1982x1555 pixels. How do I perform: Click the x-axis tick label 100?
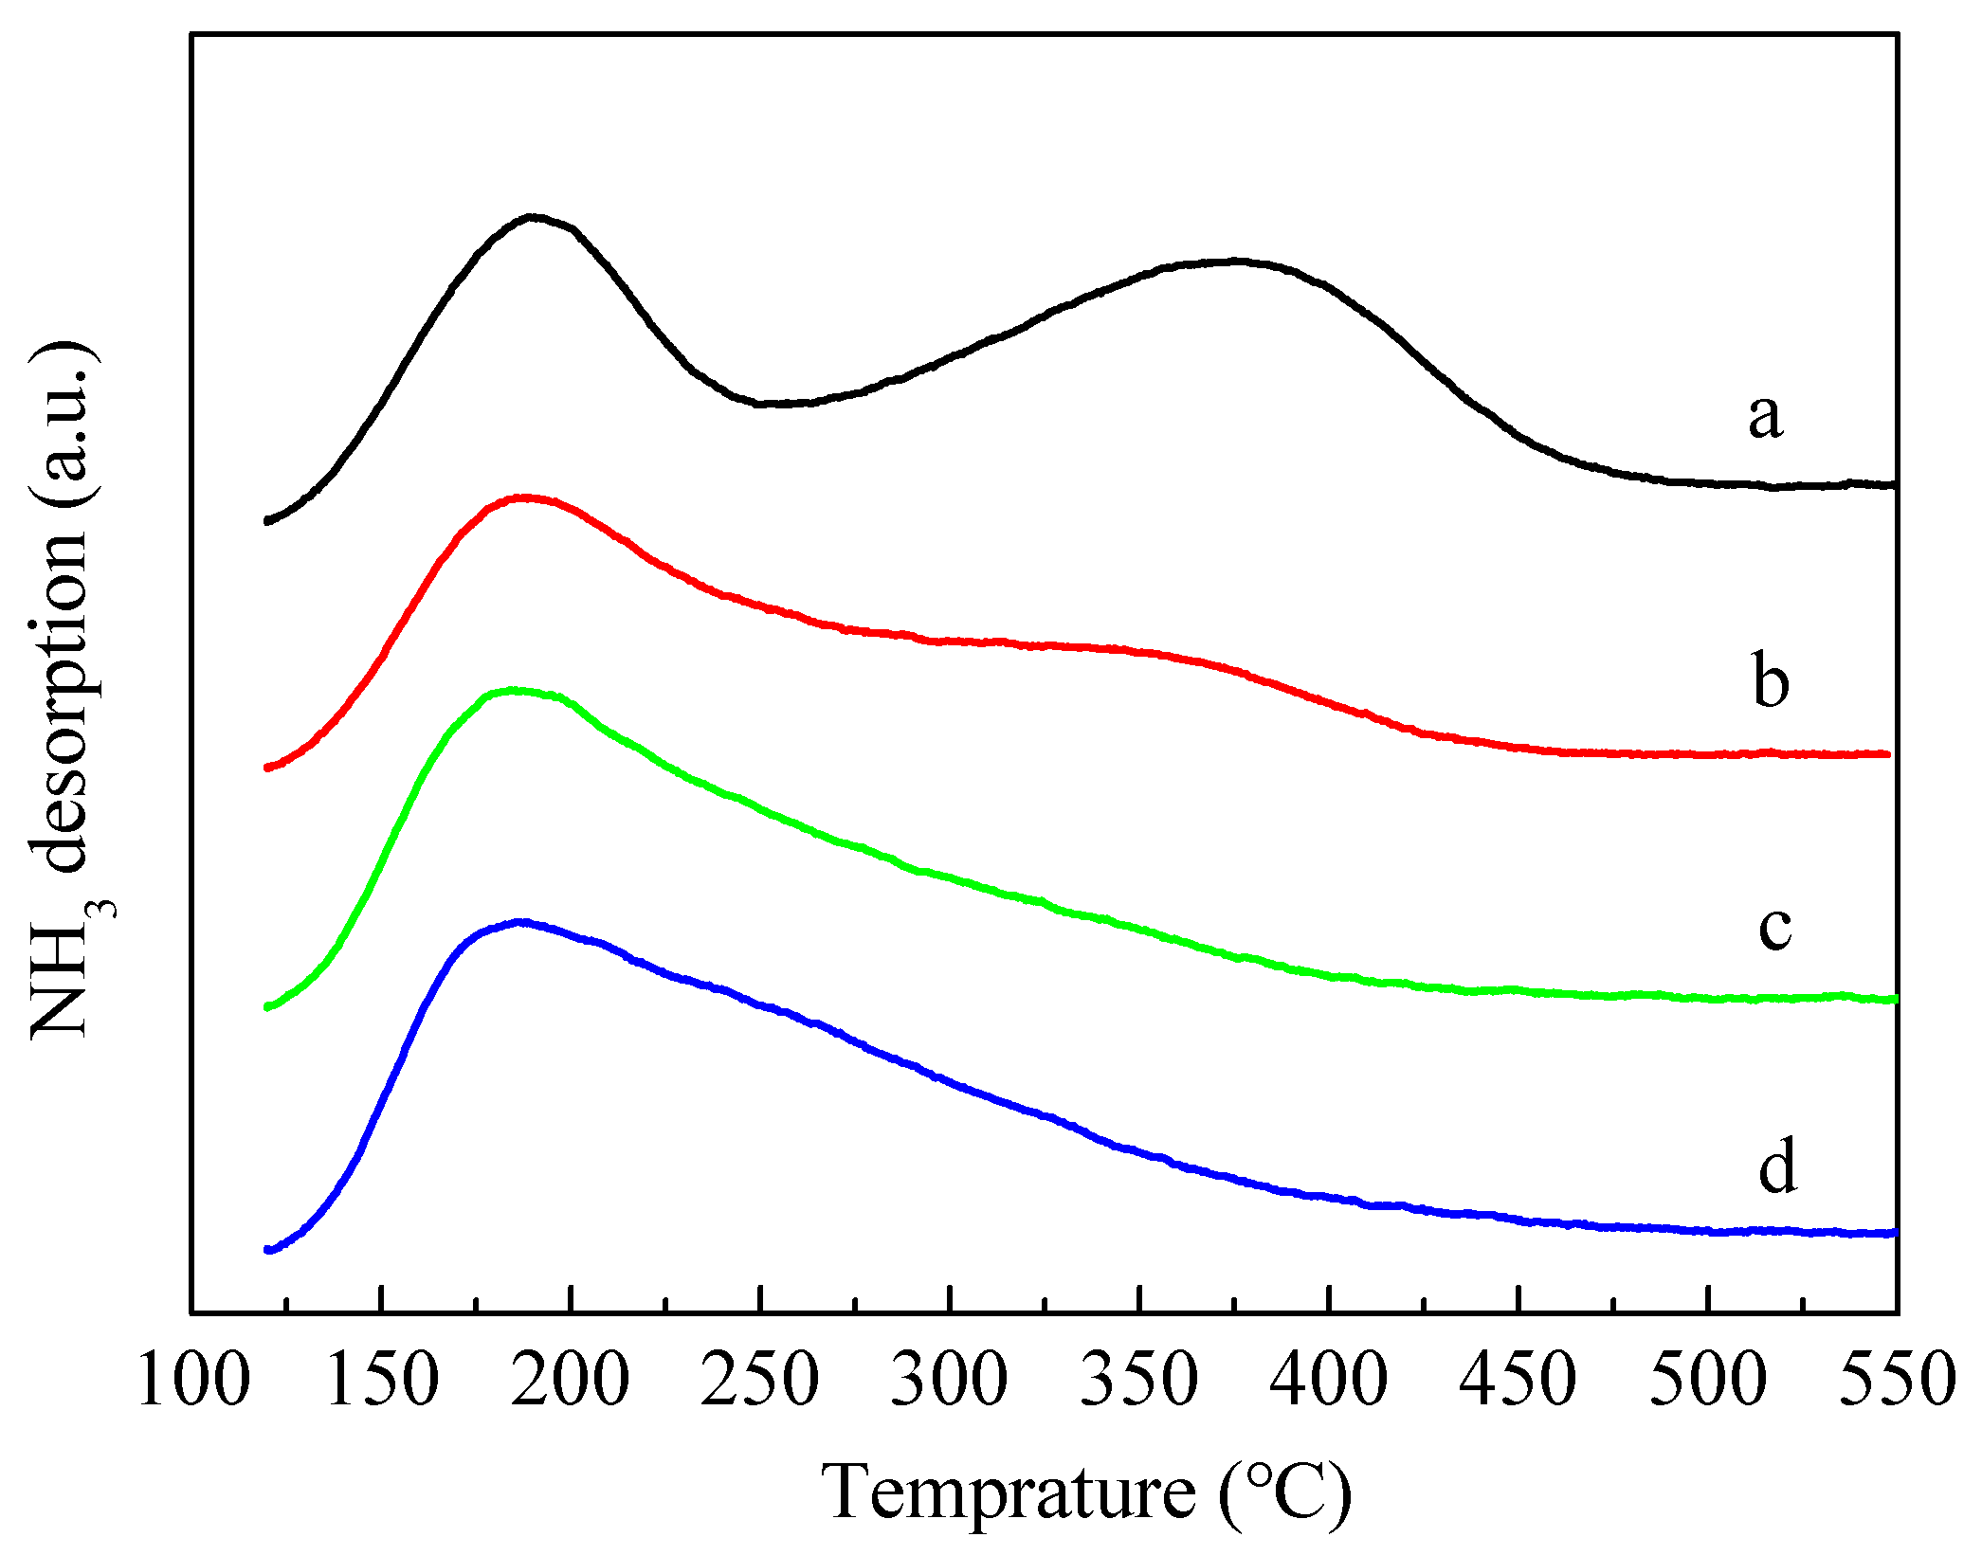coord(193,1381)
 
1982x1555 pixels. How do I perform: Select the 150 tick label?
coord(381,1381)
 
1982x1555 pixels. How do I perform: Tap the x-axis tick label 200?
coord(571,1381)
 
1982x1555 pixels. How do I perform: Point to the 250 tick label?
coord(760,1381)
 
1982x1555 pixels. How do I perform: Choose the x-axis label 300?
coord(950,1381)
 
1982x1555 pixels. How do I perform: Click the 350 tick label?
coord(1139,1381)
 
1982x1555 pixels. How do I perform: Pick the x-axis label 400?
coord(1329,1381)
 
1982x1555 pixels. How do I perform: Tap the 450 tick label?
coord(1518,1381)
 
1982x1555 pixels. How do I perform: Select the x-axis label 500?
coord(1708,1381)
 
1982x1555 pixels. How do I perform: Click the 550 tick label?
coord(1896,1381)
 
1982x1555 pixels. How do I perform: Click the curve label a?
coord(1765,417)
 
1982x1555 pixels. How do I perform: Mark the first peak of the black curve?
coord(533,217)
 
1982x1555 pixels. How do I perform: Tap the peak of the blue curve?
coord(519,921)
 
